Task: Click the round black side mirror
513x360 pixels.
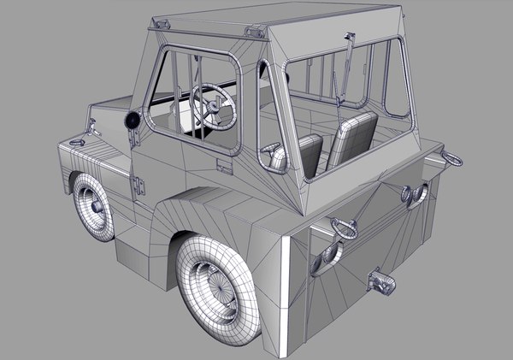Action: pyautogui.click(x=133, y=121)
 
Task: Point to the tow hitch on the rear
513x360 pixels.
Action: pyautogui.click(x=380, y=280)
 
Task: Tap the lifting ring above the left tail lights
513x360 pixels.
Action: pyautogui.click(x=344, y=227)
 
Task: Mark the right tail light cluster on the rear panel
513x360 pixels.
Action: pyautogui.click(x=414, y=197)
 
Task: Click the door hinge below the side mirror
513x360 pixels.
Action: pyautogui.click(x=138, y=182)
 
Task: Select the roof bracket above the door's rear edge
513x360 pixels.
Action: pyautogui.click(x=253, y=32)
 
